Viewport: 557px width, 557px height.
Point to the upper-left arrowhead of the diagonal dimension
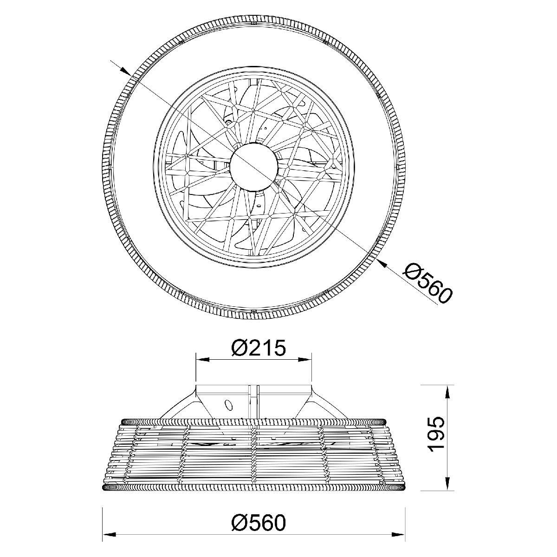tap(125, 71)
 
